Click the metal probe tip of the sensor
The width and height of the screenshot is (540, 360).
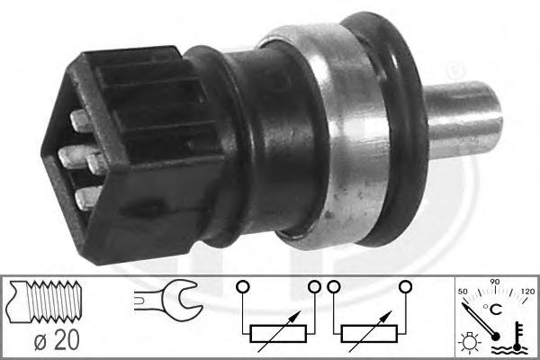(463, 120)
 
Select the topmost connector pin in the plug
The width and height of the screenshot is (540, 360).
(82, 121)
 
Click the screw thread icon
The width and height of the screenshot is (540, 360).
(46, 301)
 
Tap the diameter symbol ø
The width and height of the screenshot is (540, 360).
(41, 341)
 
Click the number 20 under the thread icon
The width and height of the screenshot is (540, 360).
(67, 340)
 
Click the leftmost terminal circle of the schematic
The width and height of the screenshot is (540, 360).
(243, 287)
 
